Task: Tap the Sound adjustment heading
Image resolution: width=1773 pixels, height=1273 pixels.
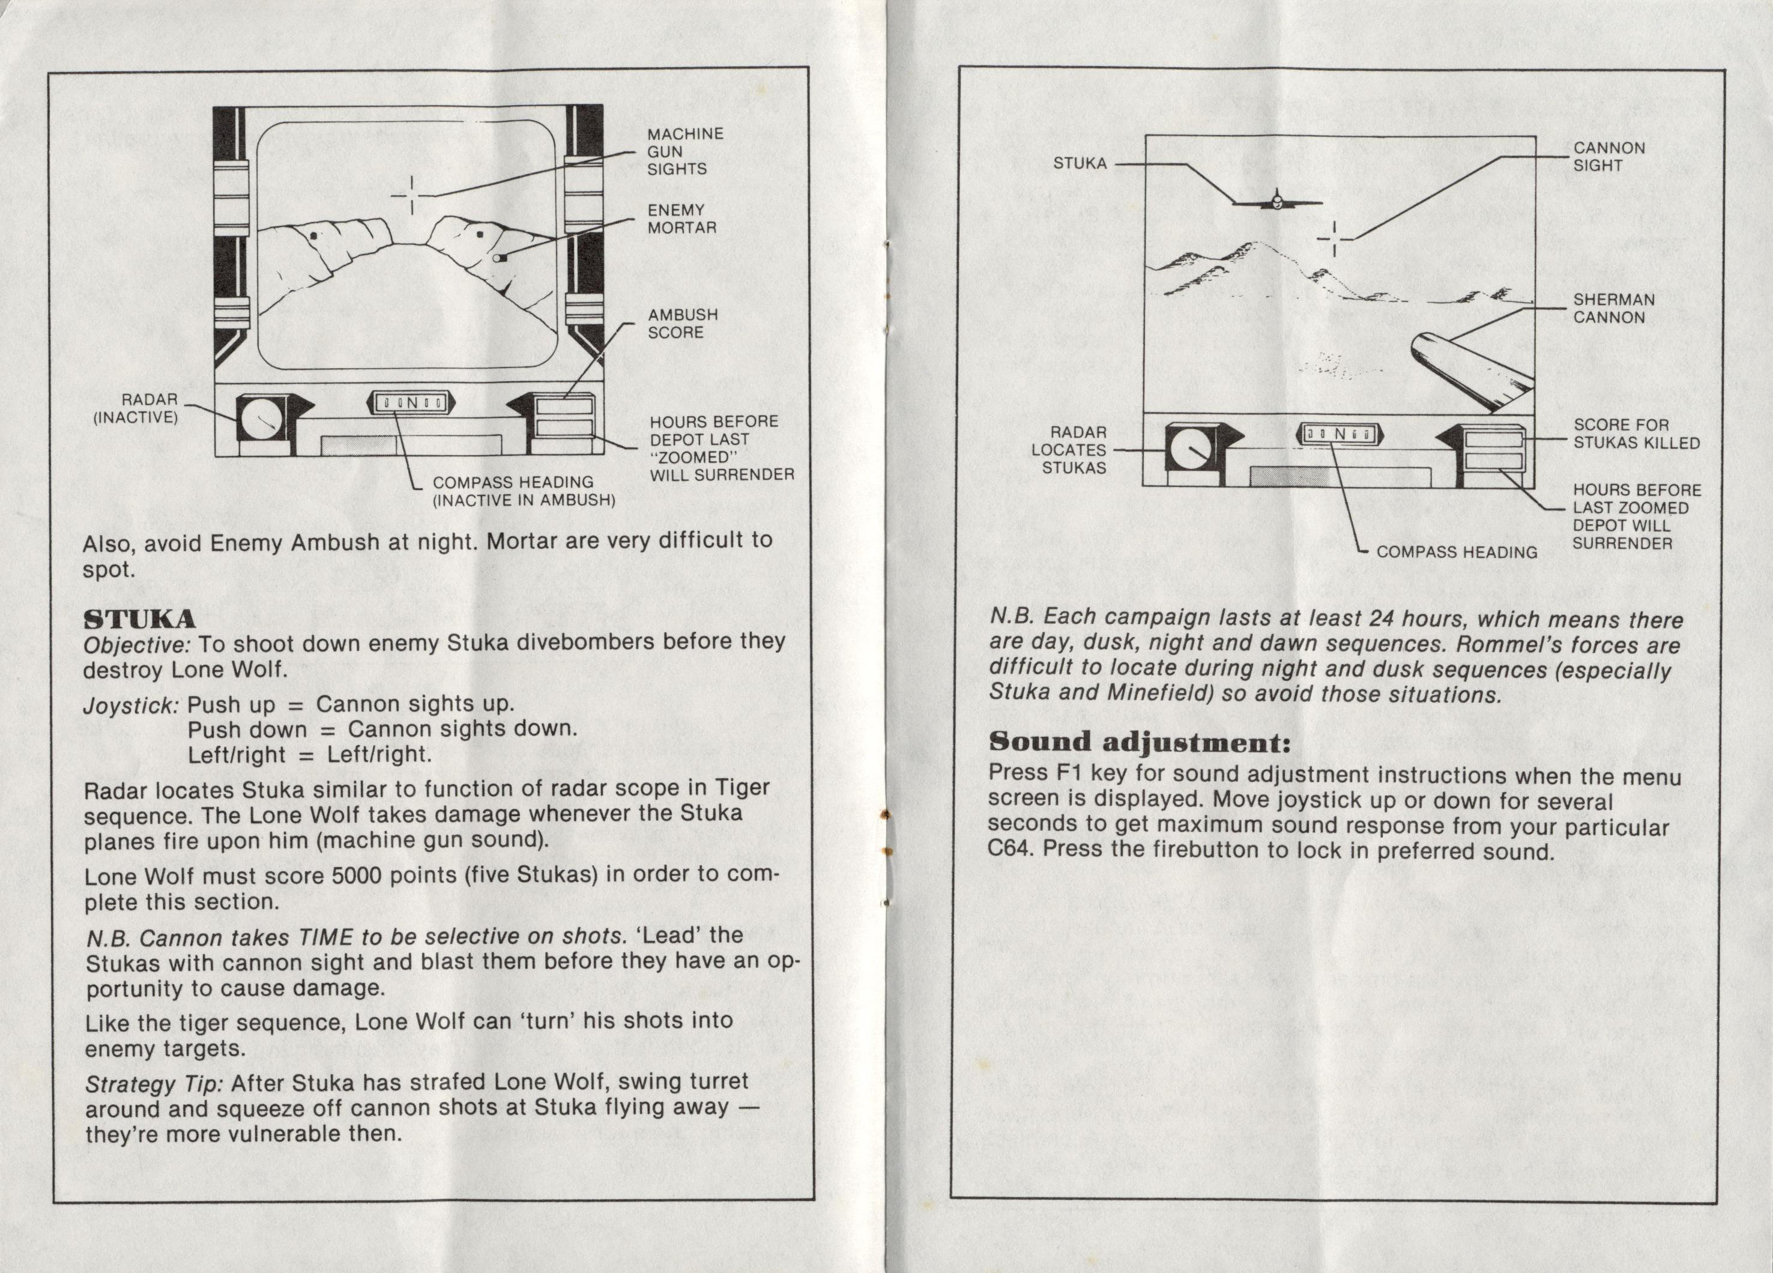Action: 1139,741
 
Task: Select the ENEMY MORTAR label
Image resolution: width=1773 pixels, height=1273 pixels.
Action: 681,219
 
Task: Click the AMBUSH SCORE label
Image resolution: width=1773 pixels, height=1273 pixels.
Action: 683,323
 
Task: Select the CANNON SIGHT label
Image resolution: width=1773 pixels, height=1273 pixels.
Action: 1609,156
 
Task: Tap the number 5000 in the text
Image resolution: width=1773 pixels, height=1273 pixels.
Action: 357,875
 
